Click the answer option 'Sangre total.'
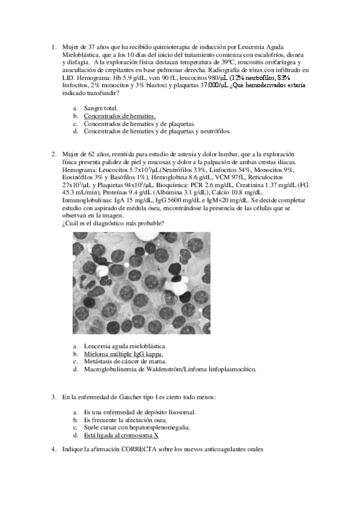click(x=101, y=108)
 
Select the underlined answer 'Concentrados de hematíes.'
click(x=120, y=115)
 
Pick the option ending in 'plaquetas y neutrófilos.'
click(x=157, y=131)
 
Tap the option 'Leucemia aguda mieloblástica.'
click(x=125, y=346)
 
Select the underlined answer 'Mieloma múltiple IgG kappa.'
click(x=123, y=354)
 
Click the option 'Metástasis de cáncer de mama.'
click(x=125, y=361)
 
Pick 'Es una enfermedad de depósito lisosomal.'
click(x=139, y=413)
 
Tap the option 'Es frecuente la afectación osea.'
click(x=129, y=420)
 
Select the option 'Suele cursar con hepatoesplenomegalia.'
click(x=137, y=428)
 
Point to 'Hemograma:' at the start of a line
click(x=79, y=170)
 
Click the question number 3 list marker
click(x=54, y=398)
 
